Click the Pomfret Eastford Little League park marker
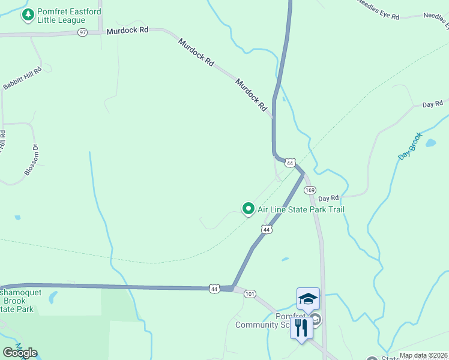pyautogui.click(x=27, y=15)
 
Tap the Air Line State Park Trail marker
pyautogui.click(x=248, y=209)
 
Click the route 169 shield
pyautogui.click(x=309, y=190)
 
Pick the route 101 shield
pyautogui.click(x=250, y=293)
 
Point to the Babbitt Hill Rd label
pyautogui.click(x=22, y=79)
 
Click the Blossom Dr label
pyautogui.click(x=32, y=160)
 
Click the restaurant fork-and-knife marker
pyautogui.click(x=301, y=328)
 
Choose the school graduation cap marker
pyautogui.click(x=308, y=299)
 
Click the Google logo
pyautogui.click(x=20, y=353)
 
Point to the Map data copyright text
pyautogui.click(x=423, y=355)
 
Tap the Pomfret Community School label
pyautogui.click(x=270, y=321)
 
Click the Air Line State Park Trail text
pyautogui.click(x=301, y=209)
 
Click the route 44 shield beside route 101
pyautogui.click(x=214, y=288)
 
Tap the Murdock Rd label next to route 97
pyautogui.click(x=127, y=30)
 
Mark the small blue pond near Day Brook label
pyautogui.click(x=430, y=143)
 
